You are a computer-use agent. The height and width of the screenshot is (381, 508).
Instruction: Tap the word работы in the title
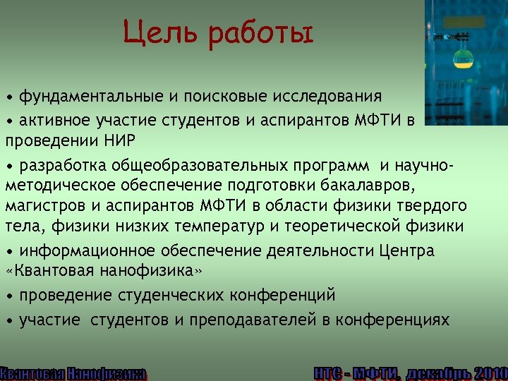[260, 34]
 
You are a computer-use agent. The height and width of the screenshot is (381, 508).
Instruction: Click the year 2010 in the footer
[491, 373]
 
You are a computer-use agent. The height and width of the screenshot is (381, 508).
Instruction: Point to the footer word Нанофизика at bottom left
[107, 373]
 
